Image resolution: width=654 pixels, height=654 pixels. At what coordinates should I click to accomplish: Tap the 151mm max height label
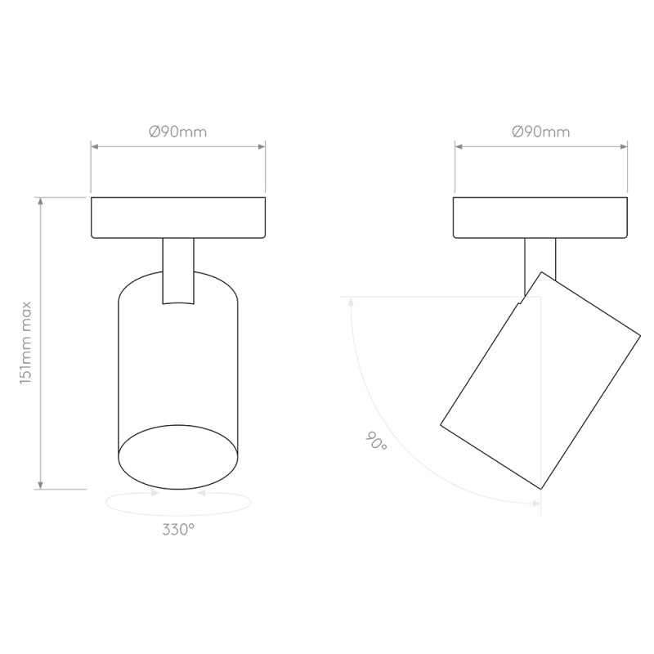[x=26, y=343]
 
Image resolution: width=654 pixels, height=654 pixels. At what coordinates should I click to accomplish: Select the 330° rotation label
[x=177, y=529]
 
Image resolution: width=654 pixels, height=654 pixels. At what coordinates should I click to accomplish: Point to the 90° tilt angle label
[x=377, y=442]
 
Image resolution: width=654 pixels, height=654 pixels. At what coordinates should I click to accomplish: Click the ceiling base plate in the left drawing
[x=177, y=217]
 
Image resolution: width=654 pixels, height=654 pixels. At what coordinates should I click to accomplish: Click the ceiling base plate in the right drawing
[x=541, y=217]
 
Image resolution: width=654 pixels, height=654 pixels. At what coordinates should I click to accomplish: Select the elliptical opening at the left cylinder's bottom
[x=177, y=455]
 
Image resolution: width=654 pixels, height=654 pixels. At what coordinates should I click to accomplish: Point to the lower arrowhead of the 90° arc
[x=535, y=500]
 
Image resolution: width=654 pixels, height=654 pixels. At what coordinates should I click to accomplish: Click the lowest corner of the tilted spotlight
[x=540, y=489]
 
